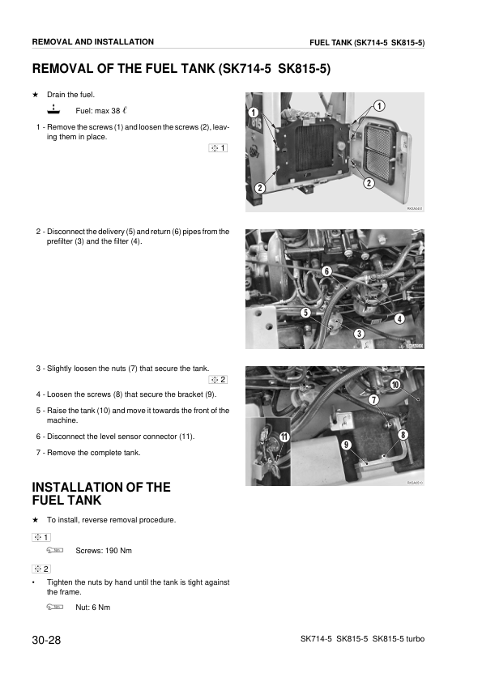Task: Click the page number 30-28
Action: click(x=46, y=640)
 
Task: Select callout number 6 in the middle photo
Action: click(x=326, y=271)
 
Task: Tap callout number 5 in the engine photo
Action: click(x=305, y=312)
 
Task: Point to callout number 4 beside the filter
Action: click(x=399, y=318)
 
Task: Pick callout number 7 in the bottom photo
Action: click(x=373, y=400)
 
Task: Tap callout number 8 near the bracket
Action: click(x=403, y=436)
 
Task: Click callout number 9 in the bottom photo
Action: click(x=346, y=445)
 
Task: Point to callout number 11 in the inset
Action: click(x=284, y=437)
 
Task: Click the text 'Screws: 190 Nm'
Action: click(x=103, y=551)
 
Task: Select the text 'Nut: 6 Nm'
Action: click(x=92, y=607)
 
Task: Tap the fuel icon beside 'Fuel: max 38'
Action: click(x=53, y=109)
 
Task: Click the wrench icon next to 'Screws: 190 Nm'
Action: click(x=54, y=551)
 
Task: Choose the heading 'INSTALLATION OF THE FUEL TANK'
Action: click(x=101, y=493)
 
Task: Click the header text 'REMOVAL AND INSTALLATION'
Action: click(x=92, y=41)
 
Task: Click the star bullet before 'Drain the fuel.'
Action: click(x=35, y=95)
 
